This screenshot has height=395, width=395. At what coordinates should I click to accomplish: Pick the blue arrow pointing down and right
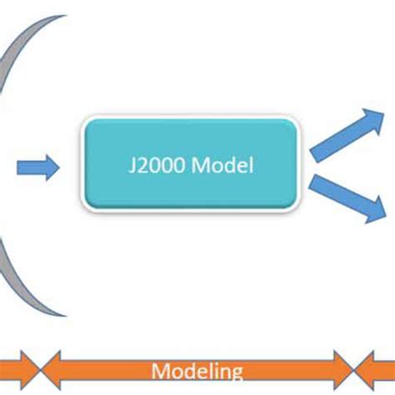pyautogui.click(x=346, y=197)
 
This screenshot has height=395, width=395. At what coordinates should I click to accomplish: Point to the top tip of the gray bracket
pyautogui.click(x=65, y=17)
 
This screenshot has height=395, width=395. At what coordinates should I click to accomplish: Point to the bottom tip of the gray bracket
pyautogui.click(x=65, y=314)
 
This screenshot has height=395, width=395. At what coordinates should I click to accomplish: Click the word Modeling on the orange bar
pyautogui.click(x=198, y=372)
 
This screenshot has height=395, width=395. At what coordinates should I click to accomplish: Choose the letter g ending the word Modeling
pyautogui.click(x=237, y=374)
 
